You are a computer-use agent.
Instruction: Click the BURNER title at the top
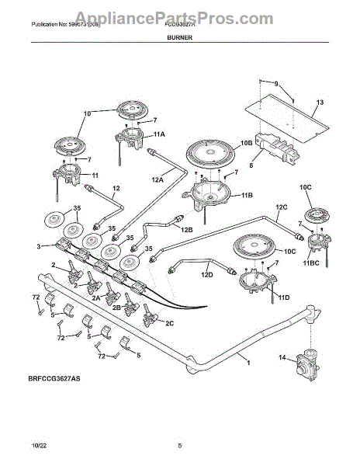coord(180,37)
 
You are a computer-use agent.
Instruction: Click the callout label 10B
coord(247,144)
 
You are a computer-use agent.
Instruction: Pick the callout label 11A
coord(159,134)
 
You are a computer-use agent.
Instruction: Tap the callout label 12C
coord(281,207)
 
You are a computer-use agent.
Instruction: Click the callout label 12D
coord(206,274)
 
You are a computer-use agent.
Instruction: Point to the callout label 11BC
coord(310,263)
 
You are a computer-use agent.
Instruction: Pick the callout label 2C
coord(169,322)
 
